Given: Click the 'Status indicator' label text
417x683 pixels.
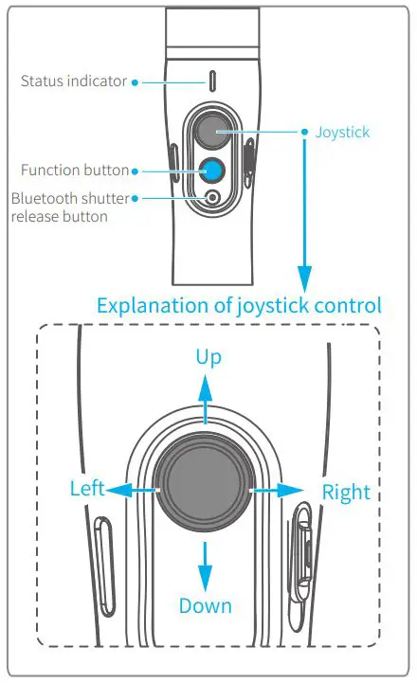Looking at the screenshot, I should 73,81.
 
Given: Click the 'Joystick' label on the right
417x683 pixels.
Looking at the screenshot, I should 342,132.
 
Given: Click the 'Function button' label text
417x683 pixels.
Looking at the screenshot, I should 75,171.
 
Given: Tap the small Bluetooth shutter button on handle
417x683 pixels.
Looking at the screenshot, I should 211,198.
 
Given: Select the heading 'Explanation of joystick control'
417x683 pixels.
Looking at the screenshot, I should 239,305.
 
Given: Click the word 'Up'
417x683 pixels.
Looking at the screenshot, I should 208,357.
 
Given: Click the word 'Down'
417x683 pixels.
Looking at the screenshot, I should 206,605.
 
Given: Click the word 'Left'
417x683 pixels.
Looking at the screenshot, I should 87,489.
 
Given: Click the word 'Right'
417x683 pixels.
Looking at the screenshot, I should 346,493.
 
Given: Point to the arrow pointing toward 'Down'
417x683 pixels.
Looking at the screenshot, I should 205,566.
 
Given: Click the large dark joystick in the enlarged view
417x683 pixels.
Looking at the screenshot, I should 205,490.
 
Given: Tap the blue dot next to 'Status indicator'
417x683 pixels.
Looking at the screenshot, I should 136,82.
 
